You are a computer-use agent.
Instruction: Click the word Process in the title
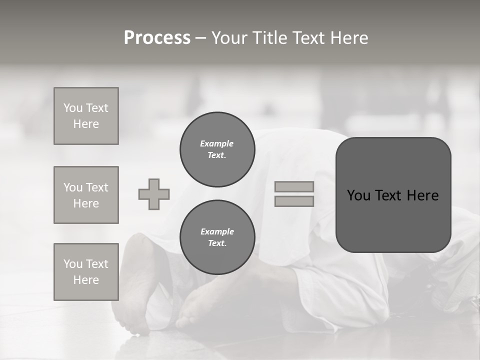157,38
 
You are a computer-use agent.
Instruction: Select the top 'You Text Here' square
86,116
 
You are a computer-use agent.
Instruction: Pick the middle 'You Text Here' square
86,195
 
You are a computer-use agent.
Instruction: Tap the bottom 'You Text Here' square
86,271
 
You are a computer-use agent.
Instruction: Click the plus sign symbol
154,194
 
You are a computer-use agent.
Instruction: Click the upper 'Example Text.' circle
217,149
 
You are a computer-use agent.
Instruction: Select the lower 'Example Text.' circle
217,237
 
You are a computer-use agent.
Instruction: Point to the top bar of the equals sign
294,186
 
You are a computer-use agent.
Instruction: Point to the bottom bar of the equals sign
294,201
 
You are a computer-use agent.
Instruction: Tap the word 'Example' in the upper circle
216,143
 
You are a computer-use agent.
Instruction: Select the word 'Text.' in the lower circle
217,243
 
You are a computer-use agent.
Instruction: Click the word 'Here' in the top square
86,124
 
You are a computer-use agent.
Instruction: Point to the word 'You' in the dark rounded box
358,195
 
